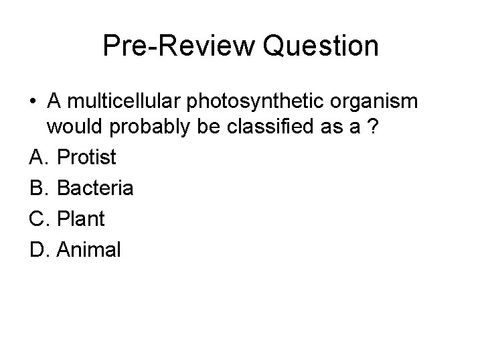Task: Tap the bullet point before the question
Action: (x=33, y=101)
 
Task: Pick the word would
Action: (x=72, y=127)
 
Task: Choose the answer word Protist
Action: (x=87, y=158)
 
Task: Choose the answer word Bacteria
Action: (x=96, y=188)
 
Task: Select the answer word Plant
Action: (x=82, y=219)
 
